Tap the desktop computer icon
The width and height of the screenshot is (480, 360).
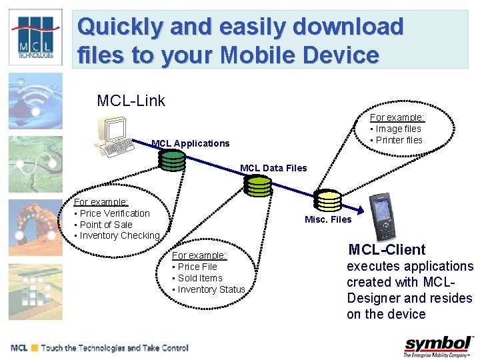112,138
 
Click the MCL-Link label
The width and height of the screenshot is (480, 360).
131,101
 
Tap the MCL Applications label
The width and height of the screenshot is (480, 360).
191,143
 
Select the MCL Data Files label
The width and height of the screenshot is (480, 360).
273,168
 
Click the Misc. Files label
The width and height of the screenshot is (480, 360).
328,219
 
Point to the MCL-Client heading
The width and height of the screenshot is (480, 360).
387,250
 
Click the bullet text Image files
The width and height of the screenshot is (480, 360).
398,129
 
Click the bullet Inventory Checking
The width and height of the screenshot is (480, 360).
119,235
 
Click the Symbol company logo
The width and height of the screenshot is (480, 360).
438,346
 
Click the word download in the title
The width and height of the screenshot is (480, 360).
352,27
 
